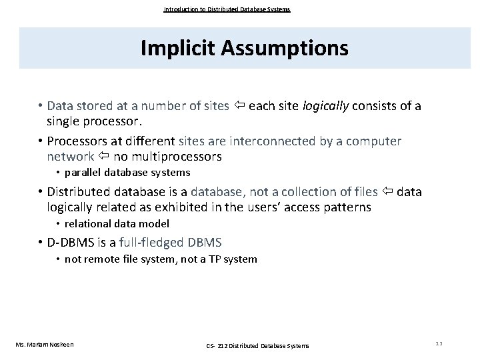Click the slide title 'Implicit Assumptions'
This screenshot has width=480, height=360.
(244, 48)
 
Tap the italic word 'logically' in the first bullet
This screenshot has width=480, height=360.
(326, 106)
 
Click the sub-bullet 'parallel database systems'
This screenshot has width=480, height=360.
(127, 172)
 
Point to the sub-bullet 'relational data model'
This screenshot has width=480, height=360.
(117, 223)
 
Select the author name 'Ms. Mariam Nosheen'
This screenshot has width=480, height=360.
(44, 344)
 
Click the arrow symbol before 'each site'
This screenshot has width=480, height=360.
(239, 106)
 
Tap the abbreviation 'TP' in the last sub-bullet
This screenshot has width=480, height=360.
(209, 259)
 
